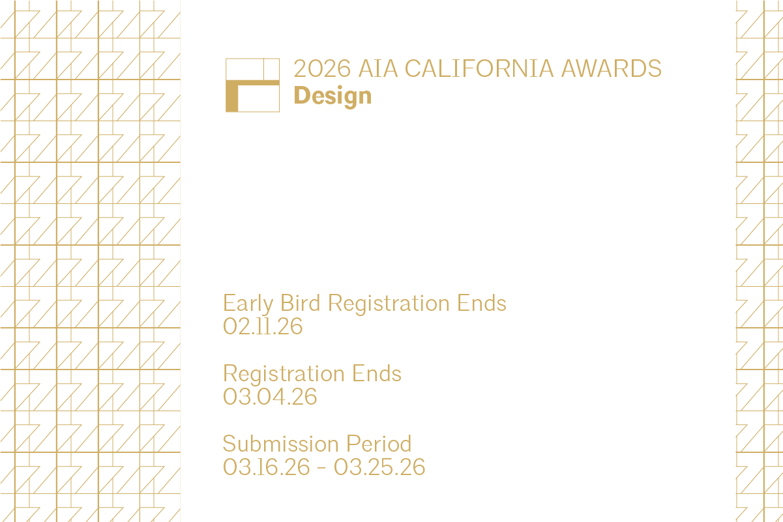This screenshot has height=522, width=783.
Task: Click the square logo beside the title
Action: [252, 85]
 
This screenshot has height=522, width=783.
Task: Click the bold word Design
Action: [332, 96]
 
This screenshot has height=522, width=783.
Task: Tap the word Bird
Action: [301, 303]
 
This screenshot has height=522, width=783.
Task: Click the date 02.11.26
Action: [263, 326]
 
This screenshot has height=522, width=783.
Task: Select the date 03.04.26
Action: [270, 396]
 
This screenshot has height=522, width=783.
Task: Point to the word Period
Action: [379, 444]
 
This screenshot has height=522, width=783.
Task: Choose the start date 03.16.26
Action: [266, 467]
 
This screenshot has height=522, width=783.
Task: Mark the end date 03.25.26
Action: [379, 467]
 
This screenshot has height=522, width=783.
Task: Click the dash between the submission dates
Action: [322, 467]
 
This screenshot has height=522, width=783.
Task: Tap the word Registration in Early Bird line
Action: [389, 303]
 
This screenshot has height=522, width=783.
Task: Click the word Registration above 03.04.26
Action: [284, 373]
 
